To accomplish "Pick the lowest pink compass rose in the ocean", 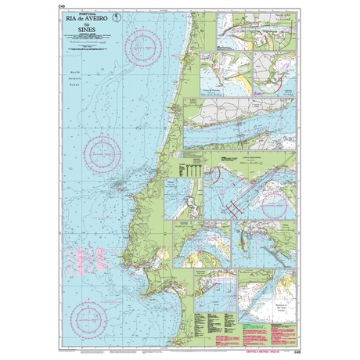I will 90,298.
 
